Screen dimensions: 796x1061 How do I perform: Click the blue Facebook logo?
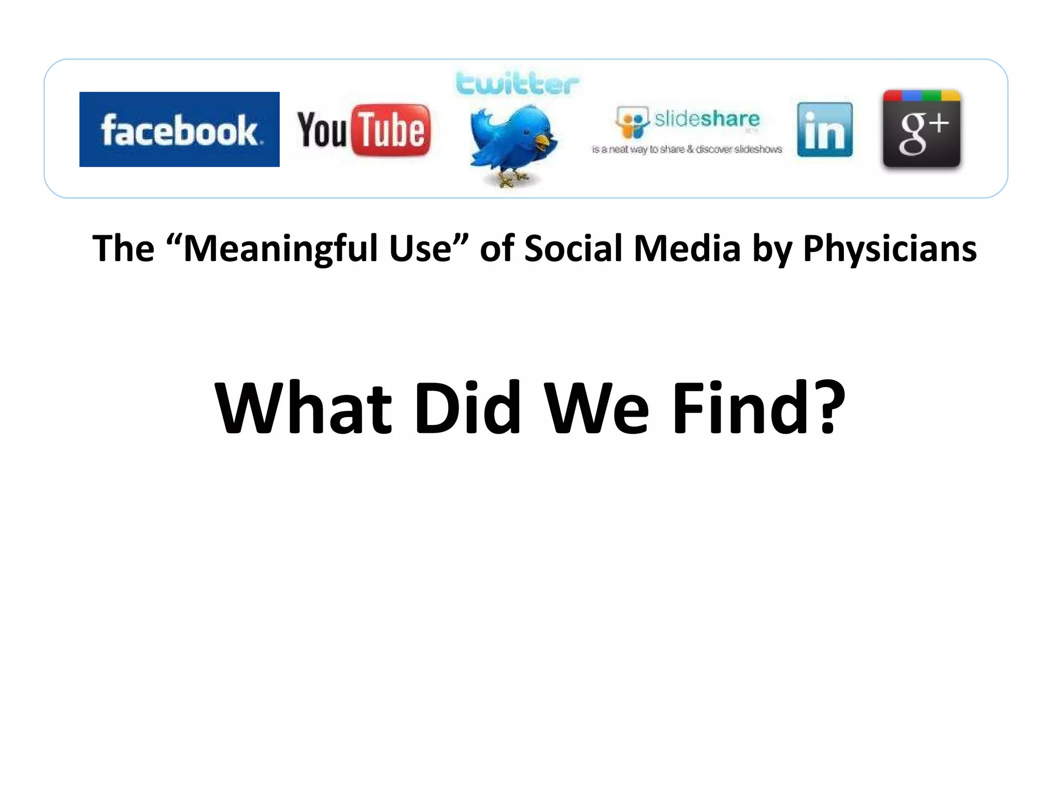point(179,130)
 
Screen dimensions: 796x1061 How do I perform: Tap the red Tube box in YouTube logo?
point(392,130)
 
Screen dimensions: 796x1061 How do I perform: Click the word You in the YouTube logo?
point(322,130)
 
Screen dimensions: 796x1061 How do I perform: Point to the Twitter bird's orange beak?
point(543,141)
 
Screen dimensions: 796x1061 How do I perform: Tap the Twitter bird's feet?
point(510,179)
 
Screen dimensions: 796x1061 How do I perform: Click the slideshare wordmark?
point(707,119)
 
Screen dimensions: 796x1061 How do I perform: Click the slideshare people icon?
point(632,122)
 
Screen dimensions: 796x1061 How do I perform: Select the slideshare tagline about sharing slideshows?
point(687,149)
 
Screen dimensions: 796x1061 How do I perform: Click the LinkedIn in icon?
point(825,130)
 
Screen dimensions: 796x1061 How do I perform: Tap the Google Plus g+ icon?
point(922,130)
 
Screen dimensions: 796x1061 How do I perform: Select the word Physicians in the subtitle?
point(890,249)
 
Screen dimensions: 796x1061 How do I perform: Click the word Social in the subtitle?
point(572,249)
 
